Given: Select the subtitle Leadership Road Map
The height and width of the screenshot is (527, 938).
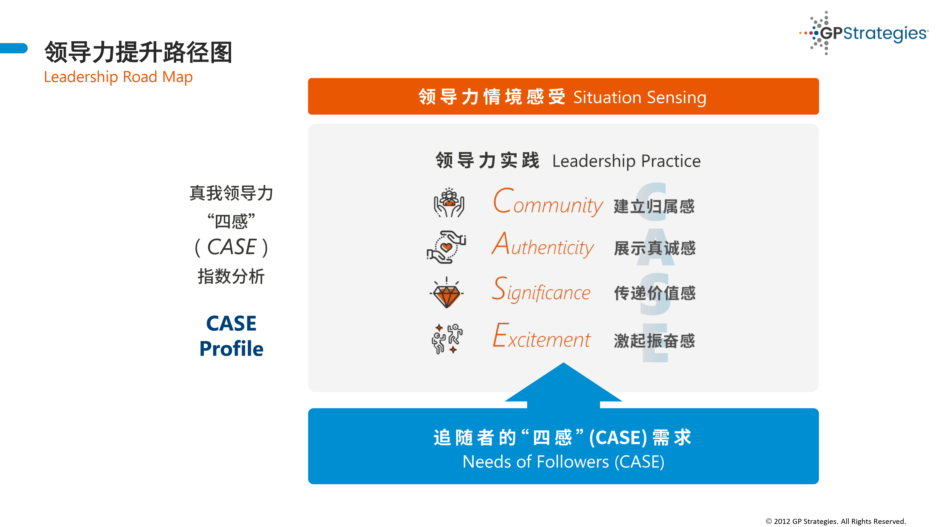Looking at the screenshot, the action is (x=118, y=77).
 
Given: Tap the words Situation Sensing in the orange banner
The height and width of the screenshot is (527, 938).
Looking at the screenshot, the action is (x=640, y=97).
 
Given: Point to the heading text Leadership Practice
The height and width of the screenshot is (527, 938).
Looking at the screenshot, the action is (x=626, y=161).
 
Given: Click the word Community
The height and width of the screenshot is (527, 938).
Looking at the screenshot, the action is (x=548, y=202).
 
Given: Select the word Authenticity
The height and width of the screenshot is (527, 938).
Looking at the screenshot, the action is (x=543, y=245).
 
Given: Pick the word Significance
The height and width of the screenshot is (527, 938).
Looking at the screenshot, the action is (x=541, y=289).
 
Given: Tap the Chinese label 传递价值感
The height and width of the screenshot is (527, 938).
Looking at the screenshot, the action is (x=654, y=293).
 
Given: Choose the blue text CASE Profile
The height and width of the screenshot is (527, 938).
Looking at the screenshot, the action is (x=231, y=336).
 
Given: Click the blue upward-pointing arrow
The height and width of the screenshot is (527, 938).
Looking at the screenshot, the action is (x=563, y=385).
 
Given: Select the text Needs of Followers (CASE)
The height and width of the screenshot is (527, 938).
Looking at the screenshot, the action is (x=563, y=462).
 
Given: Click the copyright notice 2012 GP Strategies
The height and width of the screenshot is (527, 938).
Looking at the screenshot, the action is (x=836, y=521).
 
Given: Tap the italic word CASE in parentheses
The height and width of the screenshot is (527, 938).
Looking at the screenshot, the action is (x=232, y=247).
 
